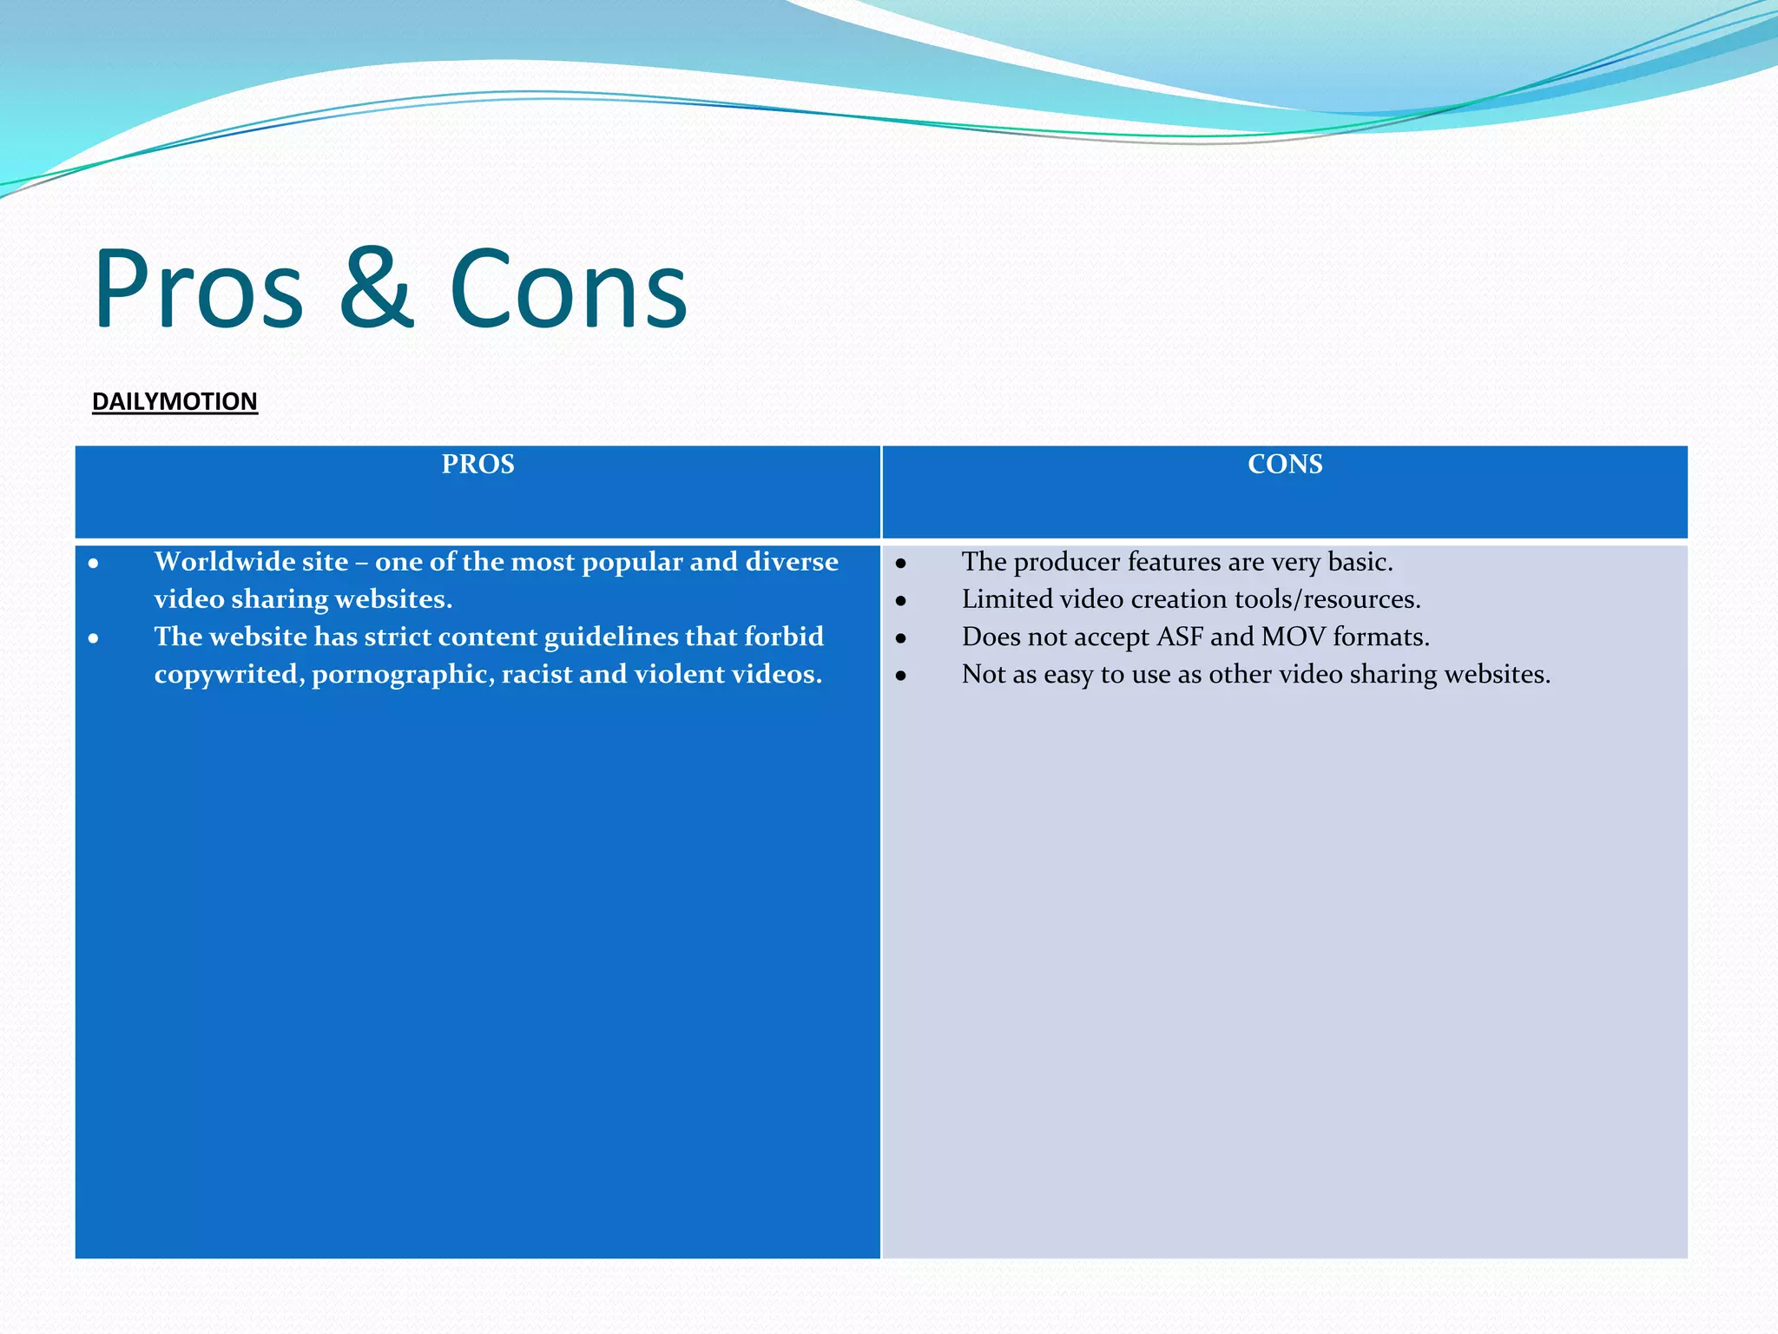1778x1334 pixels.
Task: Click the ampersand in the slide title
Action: pyautogui.click(x=375, y=288)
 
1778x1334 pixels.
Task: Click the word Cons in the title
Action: pyautogui.click(x=569, y=288)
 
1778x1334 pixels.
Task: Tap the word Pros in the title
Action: pyautogui.click(x=199, y=288)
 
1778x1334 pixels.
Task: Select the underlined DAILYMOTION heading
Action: pyautogui.click(x=175, y=401)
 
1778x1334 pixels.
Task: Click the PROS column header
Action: pyautogui.click(x=477, y=464)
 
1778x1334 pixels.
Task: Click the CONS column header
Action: pyautogui.click(x=1285, y=464)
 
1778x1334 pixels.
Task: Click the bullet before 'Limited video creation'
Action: pyautogui.click(x=901, y=600)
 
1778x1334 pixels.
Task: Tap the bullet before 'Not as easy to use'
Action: pyautogui.click(x=901, y=675)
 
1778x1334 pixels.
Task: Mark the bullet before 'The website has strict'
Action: pyautogui.click(x=93, y=638)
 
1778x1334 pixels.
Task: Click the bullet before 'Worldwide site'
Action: pyautogui.click(x=93, y=564)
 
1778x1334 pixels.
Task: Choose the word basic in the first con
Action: pyautogui.click(x=1359, y=562)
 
